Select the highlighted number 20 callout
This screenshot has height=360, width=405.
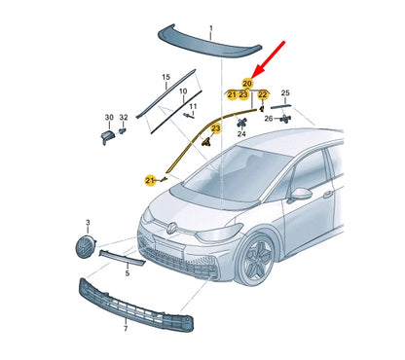click(247, 84)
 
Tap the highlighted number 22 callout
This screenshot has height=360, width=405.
click(263, 94)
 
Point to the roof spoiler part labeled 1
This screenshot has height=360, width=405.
click(210, 40)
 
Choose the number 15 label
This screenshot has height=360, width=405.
click(166, 77)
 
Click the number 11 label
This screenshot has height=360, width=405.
click(192, 106)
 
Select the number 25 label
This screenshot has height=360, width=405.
click(285, 93)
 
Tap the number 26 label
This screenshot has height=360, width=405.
click(269, 118)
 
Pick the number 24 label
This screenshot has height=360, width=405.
click(241, 133)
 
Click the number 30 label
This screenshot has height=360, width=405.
click(107, 116)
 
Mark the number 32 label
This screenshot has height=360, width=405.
click(123, 116)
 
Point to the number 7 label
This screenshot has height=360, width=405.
click(125, 329)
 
